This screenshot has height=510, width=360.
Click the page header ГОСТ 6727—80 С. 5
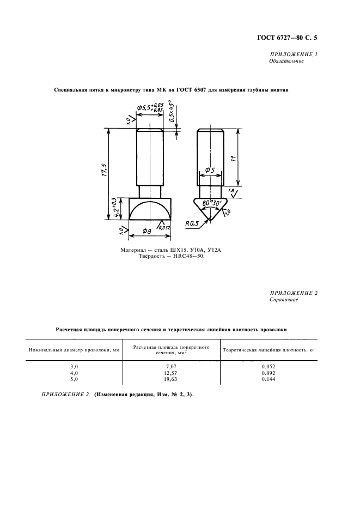click(286, 38)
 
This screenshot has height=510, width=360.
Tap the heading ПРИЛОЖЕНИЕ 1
click(294, 54)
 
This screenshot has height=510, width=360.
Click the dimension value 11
click(234, 159)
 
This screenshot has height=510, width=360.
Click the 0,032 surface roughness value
click(165, 228)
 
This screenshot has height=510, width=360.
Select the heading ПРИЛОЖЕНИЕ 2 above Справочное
click(294, 293)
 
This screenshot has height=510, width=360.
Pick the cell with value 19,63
click(173, 379)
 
